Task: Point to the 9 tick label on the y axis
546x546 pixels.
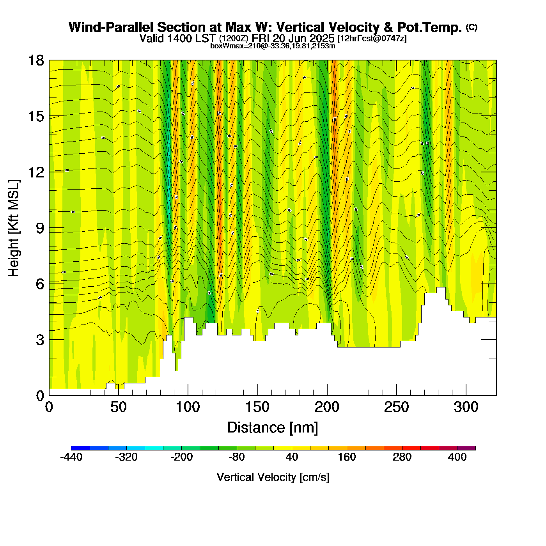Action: pos(40,228)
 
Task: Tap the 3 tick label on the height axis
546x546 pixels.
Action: pos(40,340)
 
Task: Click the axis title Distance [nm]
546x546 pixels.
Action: pos(273,428)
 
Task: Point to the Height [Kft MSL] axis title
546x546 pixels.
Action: pos(14,228)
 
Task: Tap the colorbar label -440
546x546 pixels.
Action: pos(71,457)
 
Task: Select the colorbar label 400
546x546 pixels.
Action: pos(457,457)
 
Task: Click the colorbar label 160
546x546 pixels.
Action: pos(347,457)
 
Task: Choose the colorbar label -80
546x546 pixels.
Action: pos(237,457)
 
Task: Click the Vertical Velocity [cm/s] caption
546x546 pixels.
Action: pos(273,477)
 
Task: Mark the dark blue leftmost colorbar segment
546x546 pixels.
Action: pos(80,448)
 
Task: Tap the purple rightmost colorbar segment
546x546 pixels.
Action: pos(466,448)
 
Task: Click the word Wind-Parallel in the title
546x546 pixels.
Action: pos(112,28)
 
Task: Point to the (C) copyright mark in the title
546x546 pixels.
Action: pos(472,27)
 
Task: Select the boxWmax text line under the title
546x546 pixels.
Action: pos(273,46)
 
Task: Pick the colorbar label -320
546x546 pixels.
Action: pos(126,457)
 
